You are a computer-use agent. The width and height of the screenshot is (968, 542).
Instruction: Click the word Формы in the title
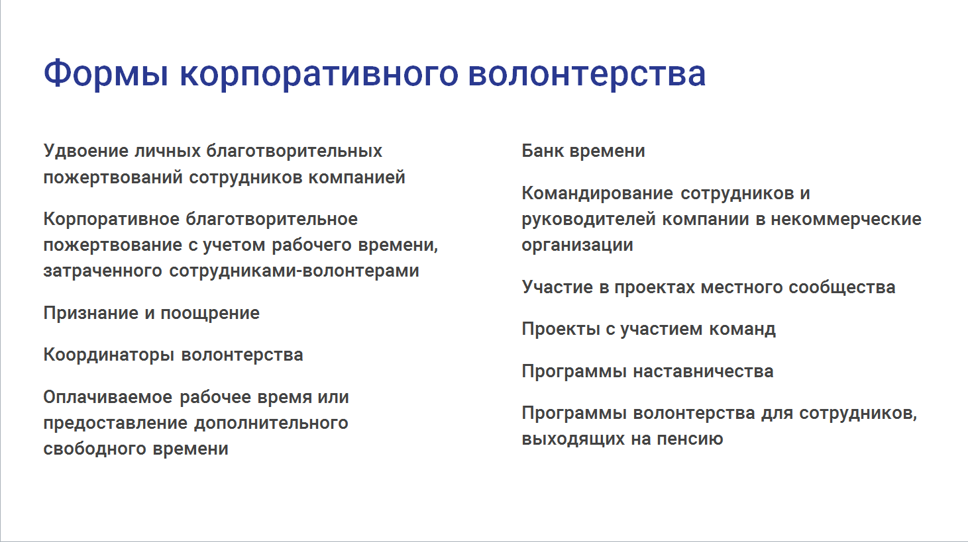tap(106, 74)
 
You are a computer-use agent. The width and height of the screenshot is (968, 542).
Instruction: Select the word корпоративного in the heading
tap(319, 74)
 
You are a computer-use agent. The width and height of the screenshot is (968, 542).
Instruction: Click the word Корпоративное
tap(111, 220)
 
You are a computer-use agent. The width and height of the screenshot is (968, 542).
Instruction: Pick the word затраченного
tap(103, 271)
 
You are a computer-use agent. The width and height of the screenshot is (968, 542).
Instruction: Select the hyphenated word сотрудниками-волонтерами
tap(294, 271)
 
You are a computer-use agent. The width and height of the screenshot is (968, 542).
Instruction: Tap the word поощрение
tap(210, 313)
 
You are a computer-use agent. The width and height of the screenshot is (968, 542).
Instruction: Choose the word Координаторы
tap(109, 355)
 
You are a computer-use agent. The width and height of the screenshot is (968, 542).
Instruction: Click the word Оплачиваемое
tap(108, 397)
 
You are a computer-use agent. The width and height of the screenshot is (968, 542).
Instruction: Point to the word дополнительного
tap(271, 423)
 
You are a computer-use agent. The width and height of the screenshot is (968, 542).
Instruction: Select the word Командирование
tap(597, 194)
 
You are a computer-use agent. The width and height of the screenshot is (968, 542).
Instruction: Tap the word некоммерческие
tap(846, 220)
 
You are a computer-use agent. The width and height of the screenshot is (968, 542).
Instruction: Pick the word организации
tap(577, 246)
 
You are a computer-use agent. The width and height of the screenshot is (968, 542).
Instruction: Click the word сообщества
tap(842, 287)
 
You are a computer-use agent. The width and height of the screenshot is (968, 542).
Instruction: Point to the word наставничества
tap(703, 371)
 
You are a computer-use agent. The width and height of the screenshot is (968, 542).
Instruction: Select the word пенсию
tap(690, 439)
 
